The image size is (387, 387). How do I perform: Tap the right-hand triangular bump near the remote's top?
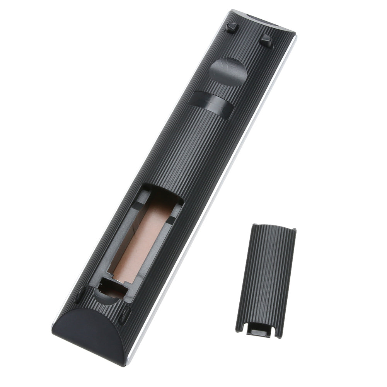coord(266,40)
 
